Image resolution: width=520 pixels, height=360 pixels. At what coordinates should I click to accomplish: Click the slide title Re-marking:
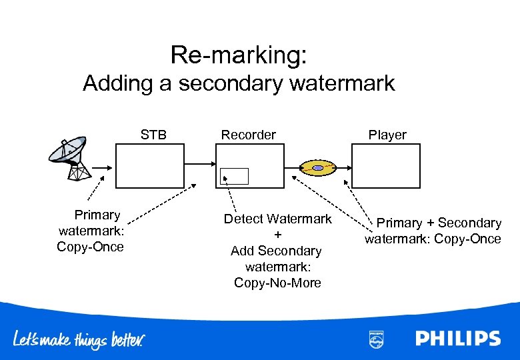[239, 55]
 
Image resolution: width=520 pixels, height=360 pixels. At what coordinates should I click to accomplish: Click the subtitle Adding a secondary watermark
[239, 84]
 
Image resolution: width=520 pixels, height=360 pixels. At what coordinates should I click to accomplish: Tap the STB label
[153, 135]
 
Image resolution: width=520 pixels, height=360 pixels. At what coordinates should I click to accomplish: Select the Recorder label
[248, 135]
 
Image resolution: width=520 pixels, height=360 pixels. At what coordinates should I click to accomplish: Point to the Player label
[387, 135]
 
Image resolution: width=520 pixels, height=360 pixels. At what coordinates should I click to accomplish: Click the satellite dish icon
[67, 157]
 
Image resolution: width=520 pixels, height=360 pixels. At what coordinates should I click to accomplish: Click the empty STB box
[149, 166]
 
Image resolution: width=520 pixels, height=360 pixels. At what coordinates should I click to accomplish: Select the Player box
[386, 166]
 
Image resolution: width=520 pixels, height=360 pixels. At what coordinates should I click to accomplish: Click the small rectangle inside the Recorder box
[234, 176]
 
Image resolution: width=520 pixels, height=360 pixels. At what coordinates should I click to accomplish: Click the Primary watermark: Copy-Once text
[91, 231]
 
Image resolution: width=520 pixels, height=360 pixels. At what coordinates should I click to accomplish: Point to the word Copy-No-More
[277, 283]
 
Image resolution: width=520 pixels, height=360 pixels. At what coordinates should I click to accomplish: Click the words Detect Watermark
[277, 219]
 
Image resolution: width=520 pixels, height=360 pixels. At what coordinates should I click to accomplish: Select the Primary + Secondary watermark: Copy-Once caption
[433, 231]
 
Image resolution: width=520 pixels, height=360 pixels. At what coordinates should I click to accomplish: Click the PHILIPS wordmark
[458, 339]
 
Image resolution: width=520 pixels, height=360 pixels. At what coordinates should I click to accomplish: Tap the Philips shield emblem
[376, 339]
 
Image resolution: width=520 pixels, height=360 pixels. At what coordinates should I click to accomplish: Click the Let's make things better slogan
[79, 340]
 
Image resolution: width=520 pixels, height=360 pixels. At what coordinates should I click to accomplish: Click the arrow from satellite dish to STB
[102, 167]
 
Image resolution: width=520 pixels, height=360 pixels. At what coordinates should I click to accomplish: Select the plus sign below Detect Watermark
[278, 235]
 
